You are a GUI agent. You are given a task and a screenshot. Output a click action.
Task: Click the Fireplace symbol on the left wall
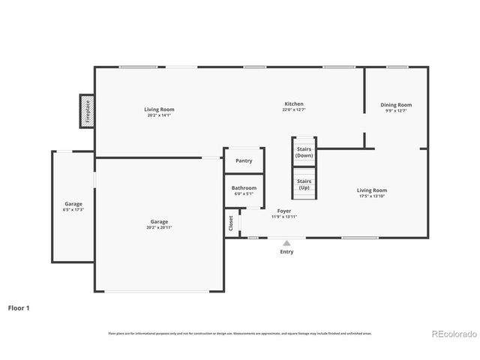pos(87,110)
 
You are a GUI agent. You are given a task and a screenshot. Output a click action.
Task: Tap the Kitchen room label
pos(294,103)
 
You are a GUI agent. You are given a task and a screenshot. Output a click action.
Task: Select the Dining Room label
pos(396,105)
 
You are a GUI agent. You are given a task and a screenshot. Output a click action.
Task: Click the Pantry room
pos(244,160)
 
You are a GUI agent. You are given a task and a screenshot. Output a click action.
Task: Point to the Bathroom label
pos(244,187)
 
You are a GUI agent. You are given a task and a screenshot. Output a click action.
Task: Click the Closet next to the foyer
pos(231,223)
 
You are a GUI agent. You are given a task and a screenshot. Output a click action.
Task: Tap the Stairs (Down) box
pos(304,152)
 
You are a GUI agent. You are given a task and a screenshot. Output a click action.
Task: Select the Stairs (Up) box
pos(304,184)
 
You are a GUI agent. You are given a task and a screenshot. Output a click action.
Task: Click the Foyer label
pos(284,211)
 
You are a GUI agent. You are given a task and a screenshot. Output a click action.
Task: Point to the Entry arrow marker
pos(286,242)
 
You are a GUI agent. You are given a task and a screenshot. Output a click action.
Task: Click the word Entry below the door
pos(286,252)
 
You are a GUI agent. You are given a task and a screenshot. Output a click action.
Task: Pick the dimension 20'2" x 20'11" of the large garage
pos(159,227)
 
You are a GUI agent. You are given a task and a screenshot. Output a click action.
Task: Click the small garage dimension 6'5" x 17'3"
pos(73,209)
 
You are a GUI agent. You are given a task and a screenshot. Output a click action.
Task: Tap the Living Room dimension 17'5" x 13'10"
pos(372,196)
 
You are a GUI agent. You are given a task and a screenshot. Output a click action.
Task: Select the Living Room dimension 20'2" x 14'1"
pos(159,115)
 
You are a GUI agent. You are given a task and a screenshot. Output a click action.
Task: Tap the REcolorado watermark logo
pos(451,334)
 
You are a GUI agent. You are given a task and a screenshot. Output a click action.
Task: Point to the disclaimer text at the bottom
pos(239,333)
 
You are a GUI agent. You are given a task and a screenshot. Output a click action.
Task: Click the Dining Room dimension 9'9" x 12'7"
pos(396,111)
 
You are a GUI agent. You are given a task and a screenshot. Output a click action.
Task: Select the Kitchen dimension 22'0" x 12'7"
pos(294,109)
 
